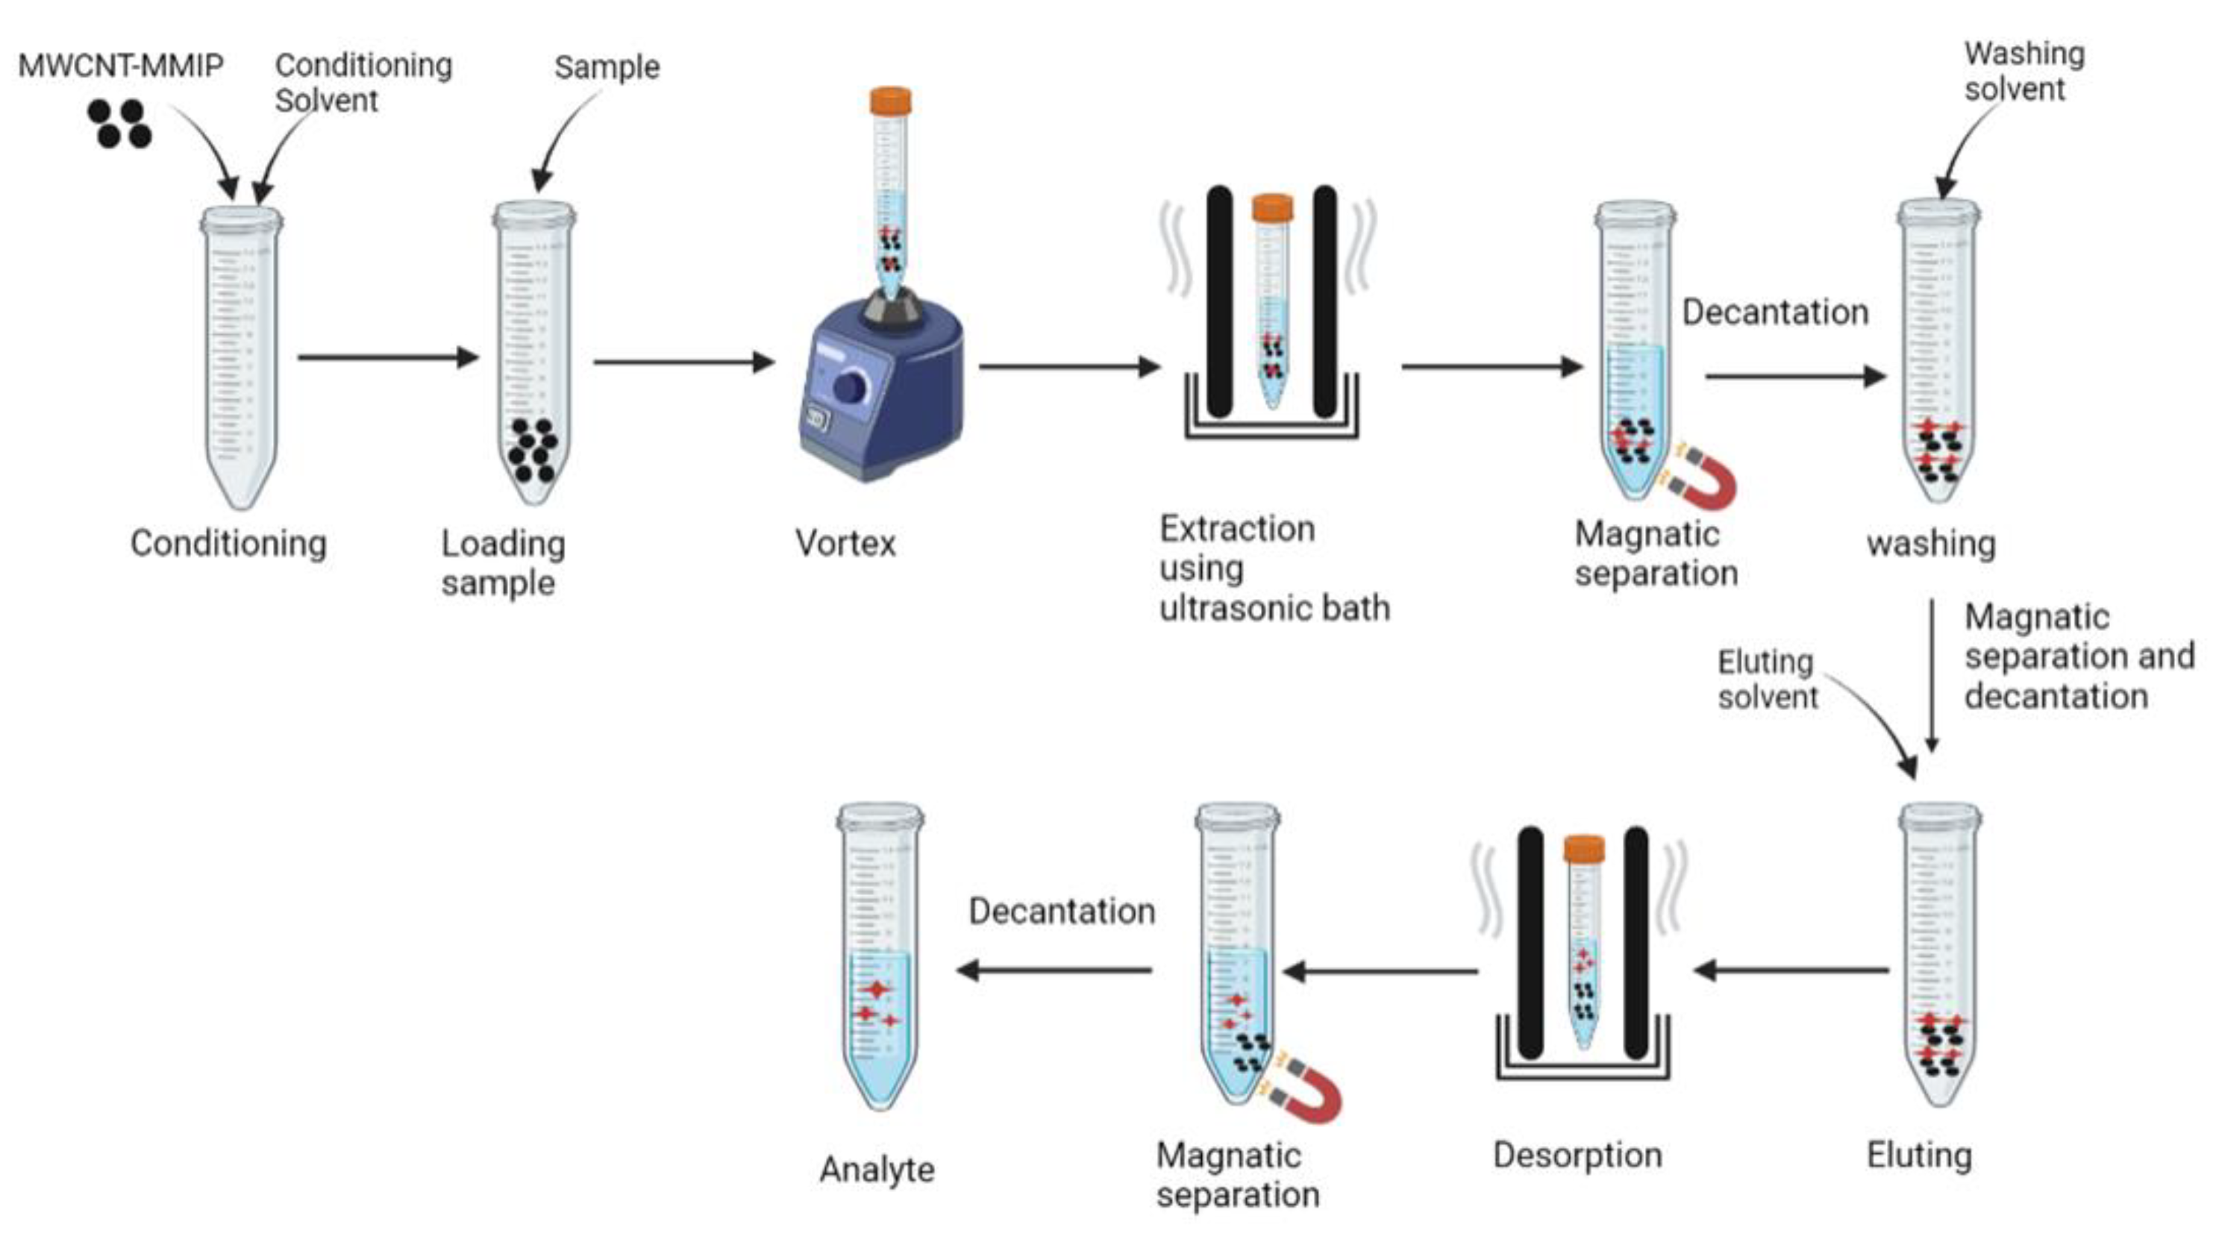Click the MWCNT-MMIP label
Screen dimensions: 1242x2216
[x=120, y=66]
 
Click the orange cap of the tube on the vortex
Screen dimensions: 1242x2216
[x=890, y=101]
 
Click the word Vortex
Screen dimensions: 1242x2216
[x=845, y=544]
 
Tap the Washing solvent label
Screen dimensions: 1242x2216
[x=2023, y=72]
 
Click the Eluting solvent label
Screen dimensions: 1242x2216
[x=1767, y=680]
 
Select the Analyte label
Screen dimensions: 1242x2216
[x=877, y=1170]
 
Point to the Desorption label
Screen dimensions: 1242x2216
[x=1577, y=1155]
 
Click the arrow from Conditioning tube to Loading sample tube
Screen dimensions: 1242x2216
[x=387, y=357]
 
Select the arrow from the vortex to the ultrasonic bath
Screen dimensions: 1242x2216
[x=1068, y=367]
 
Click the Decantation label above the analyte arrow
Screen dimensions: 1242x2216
[x=1062, y=911]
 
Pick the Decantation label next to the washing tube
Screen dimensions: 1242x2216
[x=1775, y=313]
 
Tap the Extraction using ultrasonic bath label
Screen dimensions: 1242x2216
[x=1273, y=568]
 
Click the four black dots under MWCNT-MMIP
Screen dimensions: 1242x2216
[x=119, y=124]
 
